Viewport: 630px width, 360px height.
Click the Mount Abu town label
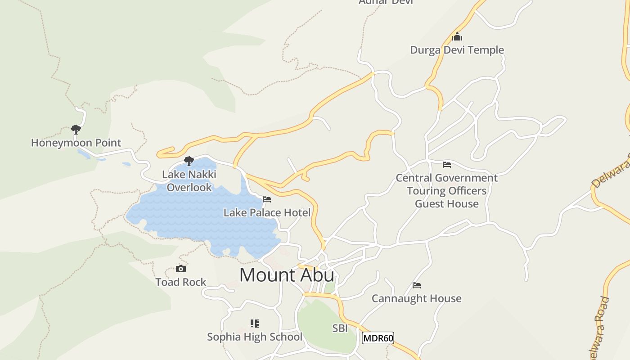(x=287, y=275)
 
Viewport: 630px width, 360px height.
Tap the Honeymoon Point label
(x=76, y=143)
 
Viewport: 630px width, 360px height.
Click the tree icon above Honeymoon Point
(x=76, y=130)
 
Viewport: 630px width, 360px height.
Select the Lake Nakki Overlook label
(x=189, y=181)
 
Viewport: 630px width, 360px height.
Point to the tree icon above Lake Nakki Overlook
(x=189, y=161)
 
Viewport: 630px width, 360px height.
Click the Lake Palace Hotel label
(x=267, y=213)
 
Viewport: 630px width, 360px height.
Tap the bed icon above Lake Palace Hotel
(x=267, y=199)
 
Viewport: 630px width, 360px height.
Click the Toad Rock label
(x=180, y=282)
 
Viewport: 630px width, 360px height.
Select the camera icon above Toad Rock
(x=180, y=269)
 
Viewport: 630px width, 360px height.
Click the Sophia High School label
(x=255, y=337)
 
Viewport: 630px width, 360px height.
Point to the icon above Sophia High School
(x=255, y=324)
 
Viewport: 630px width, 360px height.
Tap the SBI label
(x=340, y=328)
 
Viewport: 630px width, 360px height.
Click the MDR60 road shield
(x=378, y=338)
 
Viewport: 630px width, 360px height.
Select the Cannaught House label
(x=416, y=298)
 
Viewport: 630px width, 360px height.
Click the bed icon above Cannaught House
(x=416, y=285)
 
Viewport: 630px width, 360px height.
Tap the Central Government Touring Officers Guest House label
(x=446, y=191)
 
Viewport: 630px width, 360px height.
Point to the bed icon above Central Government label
(x=446, y=165)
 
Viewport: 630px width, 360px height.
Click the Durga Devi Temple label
(x=457, y=50)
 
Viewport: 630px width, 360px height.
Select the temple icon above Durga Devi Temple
(x=457, y=36)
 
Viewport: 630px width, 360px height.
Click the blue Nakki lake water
(x=202, y=216)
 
